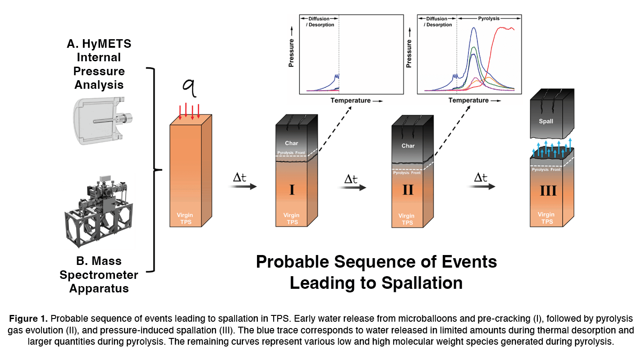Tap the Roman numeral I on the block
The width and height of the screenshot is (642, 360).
(x=292, y=190)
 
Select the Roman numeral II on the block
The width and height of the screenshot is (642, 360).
(x=408, y=190)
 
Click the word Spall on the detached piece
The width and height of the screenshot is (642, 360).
(x=546, y=121)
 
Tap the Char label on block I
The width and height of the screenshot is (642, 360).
(x=292, y=143)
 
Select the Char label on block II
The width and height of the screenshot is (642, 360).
(x=408, y=146)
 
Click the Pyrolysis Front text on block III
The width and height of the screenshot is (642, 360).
(x=546, y=169)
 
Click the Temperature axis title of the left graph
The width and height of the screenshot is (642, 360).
(x=350, y=100)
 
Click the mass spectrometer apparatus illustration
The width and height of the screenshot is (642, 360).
(x=99, y=208)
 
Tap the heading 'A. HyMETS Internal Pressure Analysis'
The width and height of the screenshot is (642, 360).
(x=99, y=64)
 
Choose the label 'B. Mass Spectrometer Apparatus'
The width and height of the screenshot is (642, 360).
(x=99, y=274)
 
